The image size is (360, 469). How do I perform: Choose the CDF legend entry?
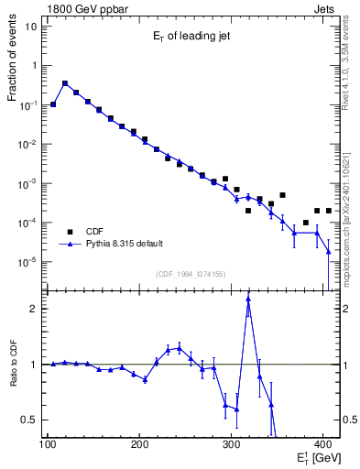tap(96, 232)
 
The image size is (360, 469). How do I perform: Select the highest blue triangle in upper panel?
tap(65, 83)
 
